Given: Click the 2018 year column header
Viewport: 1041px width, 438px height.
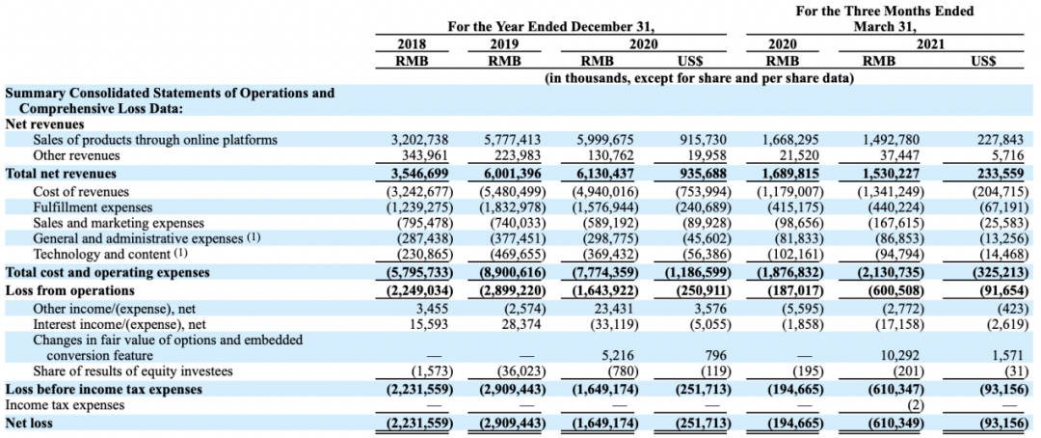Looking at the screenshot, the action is (x=412, y=44).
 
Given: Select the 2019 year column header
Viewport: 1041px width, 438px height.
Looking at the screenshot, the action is (x=504, y=44).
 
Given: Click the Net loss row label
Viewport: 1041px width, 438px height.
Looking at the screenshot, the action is (x=29, y=422).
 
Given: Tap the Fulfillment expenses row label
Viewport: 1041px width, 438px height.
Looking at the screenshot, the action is (x=93, y=207).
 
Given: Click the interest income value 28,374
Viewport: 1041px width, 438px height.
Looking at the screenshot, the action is (x=522, y=324).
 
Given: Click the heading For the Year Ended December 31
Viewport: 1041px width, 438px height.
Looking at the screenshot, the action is (x=551, y=27).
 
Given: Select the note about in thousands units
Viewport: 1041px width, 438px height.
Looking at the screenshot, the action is (x=699, y=78).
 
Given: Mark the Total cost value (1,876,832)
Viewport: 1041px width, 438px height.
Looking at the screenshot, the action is (x=787, y=272).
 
